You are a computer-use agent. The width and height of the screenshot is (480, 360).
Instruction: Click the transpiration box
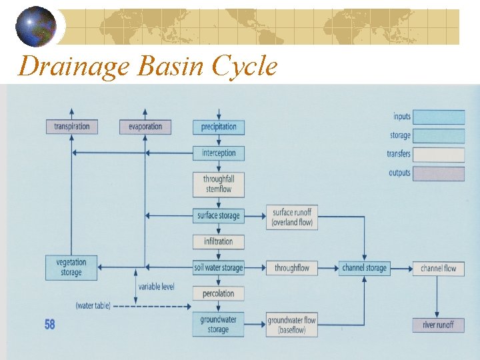[x=71, y=127]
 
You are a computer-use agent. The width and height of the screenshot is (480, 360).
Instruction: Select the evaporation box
[x=145, y=127]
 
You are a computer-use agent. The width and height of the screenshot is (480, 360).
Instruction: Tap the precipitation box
[x=219, y=127]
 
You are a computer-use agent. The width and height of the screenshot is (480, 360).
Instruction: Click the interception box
[x=219, y=153]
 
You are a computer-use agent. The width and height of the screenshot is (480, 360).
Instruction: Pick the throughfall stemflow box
[x=219, y=184]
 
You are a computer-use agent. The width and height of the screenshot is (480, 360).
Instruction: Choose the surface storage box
[x=219, y=215]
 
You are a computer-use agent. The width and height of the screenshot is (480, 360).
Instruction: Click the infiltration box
[x=219, y=241]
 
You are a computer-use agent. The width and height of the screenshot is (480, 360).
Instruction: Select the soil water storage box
[x=219, y=268]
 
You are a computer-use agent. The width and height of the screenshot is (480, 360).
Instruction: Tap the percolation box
[x=219, y=293]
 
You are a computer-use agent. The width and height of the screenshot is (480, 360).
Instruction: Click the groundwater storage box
[x=219, y=325]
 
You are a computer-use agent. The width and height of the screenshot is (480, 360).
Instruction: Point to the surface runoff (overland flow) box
[x=292, y=217]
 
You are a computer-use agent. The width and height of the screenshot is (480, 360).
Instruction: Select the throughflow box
[x=292, y=268]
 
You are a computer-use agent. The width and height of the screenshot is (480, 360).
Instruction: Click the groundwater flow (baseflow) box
[x=292, y=325]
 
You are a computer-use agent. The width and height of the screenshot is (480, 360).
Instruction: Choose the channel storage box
[x=365, y=268]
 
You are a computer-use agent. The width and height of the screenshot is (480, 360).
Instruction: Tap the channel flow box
[x=438, y=268]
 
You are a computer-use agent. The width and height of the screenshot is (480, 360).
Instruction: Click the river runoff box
[x=438, y=325]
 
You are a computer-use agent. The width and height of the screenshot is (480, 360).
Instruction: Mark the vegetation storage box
[x=71, y=267]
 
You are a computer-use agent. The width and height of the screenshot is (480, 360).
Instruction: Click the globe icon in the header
[x=37, y=27]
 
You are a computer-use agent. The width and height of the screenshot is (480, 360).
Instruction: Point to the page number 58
[x=50, y=325]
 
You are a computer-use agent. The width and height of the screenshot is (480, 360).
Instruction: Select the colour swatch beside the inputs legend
[x=439, y=117]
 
